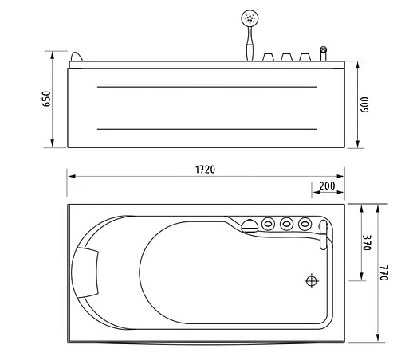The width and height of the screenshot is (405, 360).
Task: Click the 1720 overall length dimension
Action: [x=206, y=170]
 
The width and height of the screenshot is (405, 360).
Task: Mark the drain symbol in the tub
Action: [x=311, y=280]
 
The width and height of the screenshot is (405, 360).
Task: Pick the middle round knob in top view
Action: [x=286, y=224]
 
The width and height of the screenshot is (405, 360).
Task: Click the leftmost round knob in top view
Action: [x=268, y=224]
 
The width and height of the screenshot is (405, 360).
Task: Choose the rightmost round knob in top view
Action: [x=304, y=224]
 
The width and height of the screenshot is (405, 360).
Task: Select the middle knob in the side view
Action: [x=286, y=57]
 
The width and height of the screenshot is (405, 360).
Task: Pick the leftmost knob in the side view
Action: [x=268, y=57]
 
